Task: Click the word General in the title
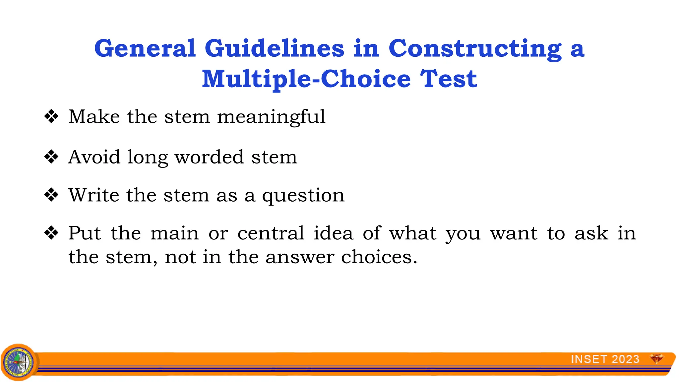pyautogui.click(x=145, y=48)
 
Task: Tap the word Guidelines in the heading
pyautogui.click(x=274, y=48)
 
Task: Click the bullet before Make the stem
pyautogui.click(x=51, y=117)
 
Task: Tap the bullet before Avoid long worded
pyautogui.click(x=51, y=157)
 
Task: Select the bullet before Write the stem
pyautogui.click(x=51, y=195)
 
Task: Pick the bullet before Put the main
pyautogui.click(x=51, y=233)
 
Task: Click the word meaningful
pyautogui.click(x=271, y=117)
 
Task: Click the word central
pyautogui.click(x=271, y=233)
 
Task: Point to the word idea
pyautogui.click(x=333, y=233)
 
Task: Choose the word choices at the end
pyautogui.click(x=379, y=257)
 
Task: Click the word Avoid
pyautogui.click(x=94, y=157)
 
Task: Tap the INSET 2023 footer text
pyautogui.click(x=605, y=359)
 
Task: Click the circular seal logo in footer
pyautogui.click(x=19, y=362)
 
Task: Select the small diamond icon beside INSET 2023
pyautogui.click(x=656, y=358)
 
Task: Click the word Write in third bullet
pyautogui.click(x=94, y=195)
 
